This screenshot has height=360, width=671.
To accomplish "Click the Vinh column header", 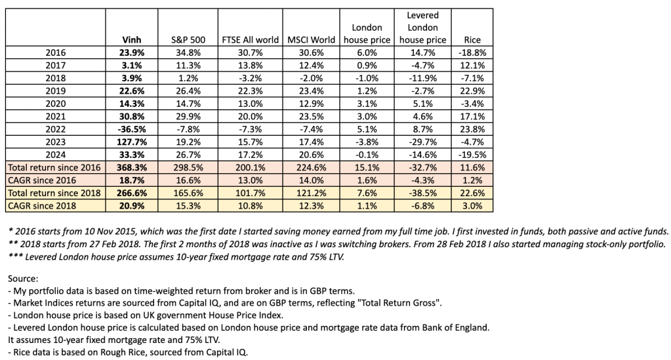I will point(132,39).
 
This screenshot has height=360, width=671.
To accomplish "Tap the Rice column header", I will point(472,39).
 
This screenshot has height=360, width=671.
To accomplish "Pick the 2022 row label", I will point(56,129).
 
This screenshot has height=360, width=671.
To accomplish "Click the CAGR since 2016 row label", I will point(44,180).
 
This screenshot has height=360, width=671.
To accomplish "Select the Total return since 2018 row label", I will point(53,193).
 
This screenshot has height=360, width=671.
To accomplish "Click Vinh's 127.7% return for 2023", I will point(132,142).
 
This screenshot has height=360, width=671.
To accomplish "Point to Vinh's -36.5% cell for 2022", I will point(132,129).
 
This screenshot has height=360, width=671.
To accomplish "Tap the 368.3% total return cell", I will point(132,167).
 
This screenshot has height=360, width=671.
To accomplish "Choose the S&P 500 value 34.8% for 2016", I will point(185,52).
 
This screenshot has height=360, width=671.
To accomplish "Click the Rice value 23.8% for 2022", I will point(472,129).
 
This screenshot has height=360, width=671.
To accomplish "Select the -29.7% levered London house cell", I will point(422,142).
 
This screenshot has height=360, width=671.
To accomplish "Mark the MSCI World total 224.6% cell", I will point(312,167).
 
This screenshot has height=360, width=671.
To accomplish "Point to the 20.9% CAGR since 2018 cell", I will point(132,205).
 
